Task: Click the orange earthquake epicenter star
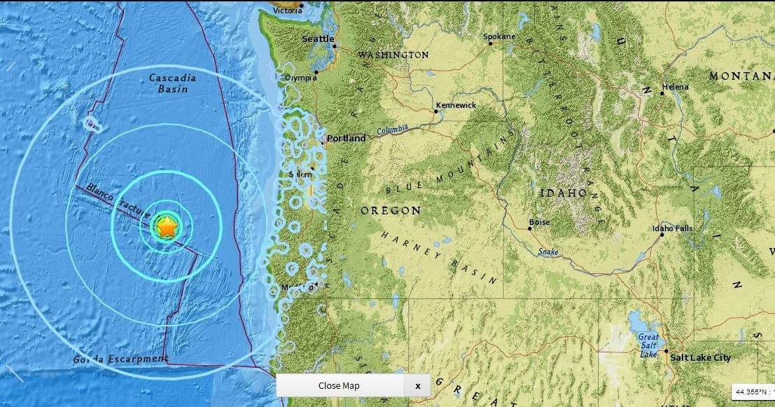click(167, 226)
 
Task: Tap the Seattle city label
click(317, 39)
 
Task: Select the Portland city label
click(346, 139)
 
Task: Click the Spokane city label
click(499, 36)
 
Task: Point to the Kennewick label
click(455, 105)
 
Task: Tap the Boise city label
click(539, 223)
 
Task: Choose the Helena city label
click(675, 87)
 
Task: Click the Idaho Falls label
click(672, 228)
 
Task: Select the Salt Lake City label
click(700, 358)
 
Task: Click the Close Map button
click(340, 385)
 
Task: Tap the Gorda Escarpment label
click(120, 359)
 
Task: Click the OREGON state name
click(391, 210)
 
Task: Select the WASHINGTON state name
click(393, 55)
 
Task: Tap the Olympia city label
click(300, 78)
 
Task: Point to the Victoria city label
click(288, 11)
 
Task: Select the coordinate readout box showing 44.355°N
click(753, 392)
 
